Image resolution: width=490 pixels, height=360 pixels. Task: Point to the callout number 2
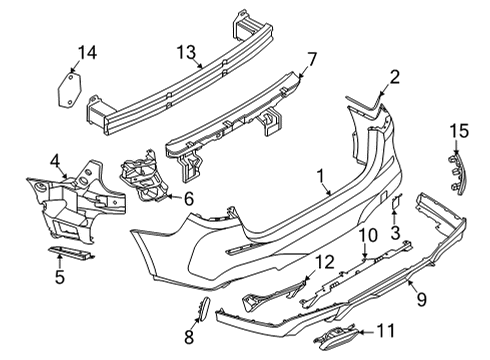click(x=394, y=76)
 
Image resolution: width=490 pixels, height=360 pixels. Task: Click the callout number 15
click(x=459, y=131)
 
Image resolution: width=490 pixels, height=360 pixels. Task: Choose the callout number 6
click(x=189, y=198)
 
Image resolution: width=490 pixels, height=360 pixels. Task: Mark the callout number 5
click(x=60, y=277)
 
